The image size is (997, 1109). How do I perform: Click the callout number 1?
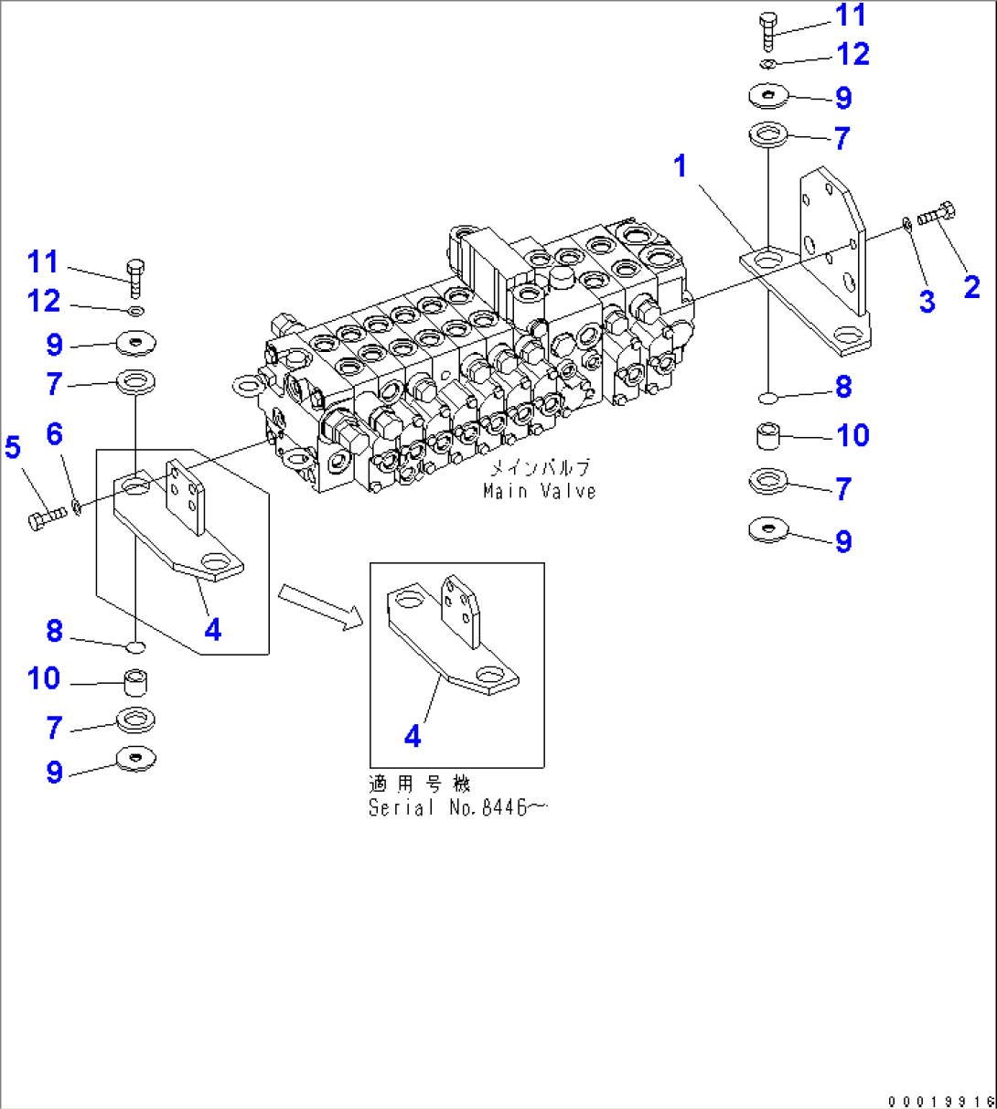click(x=680, y=166)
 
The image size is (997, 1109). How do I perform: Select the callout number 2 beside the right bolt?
click(x=971, y=287)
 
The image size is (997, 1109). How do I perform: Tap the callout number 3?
click(x=927, y=302)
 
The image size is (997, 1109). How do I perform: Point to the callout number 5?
click(x=13, y=448)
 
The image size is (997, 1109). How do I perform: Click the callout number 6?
click(x=54, y=434)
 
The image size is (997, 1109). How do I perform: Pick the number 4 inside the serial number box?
click(x=413, y=736)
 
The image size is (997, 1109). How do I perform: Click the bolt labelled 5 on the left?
click(x=47, y=519)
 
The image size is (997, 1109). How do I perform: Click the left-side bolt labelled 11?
click(x=135, y=277)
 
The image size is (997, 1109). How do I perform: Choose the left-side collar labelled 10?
click(x=135, y=682)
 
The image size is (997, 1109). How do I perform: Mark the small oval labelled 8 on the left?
click(x=134, y=647)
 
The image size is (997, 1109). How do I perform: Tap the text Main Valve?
click(x=540, y=491)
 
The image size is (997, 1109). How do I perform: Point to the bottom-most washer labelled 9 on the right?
click(x=768, y=530)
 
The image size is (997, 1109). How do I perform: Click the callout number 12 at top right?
click(x=852, y=55)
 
